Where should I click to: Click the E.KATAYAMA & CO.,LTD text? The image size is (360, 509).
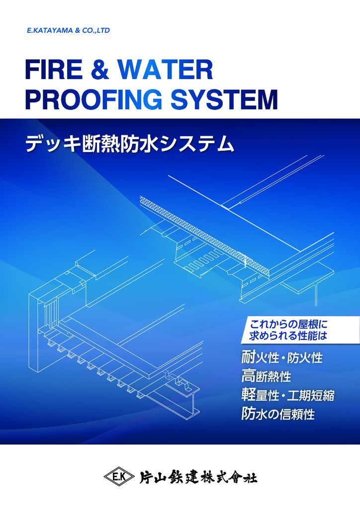(69, 30)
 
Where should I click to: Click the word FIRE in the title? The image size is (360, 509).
(54, 70)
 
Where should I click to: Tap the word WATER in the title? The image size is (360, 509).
(165, 70)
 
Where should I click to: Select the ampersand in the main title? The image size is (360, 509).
(99, 70)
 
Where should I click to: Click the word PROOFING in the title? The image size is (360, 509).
(93, 99)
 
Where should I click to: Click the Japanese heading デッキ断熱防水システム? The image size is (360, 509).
(130, 144)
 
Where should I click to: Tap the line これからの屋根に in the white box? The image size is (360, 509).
(288, 324)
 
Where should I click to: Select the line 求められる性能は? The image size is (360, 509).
(288, 336)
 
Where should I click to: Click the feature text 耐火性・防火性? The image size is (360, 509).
(282, 357)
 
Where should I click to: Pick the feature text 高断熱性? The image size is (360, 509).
(266, 376)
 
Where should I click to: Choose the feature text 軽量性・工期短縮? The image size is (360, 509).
(287, 395)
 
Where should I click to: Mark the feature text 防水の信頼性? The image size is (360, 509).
(278, 414)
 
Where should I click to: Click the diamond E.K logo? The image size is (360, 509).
(119, 477)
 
